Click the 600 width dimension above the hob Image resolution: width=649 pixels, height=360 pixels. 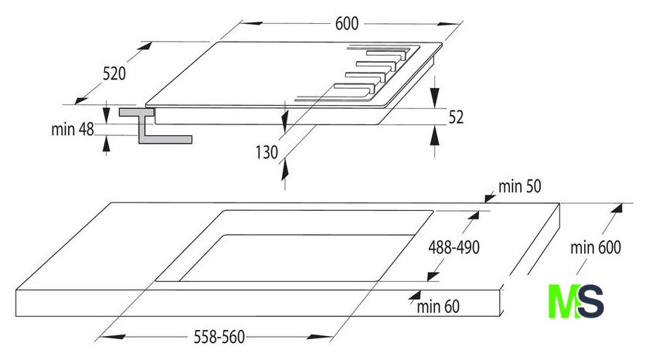click(x=346, y=24)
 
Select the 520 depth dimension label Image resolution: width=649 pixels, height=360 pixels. click(x=114, y=73)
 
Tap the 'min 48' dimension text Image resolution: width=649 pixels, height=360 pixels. click(x=73, y=130)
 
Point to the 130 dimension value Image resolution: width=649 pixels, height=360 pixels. click(x=267, y=152)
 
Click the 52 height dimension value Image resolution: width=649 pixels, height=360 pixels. click(x=456, y=117)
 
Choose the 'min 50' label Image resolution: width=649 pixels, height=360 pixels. click(x=519, y=187)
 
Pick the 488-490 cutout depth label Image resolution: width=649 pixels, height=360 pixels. click(x=454, y=247)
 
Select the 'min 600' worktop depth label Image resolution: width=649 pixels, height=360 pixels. click(x=596, y=247)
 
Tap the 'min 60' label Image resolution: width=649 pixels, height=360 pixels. click(x=438, y=307)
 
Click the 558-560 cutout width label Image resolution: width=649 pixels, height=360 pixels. click(x=219, y=337)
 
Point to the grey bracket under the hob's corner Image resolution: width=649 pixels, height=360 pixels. click(x=155, y=126)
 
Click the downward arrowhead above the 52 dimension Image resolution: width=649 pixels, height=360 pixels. click(x=434, y=97)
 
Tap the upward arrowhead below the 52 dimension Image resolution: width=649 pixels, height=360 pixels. click(x=434, y=135)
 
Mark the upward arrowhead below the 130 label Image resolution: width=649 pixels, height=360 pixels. click(x=285, y=170)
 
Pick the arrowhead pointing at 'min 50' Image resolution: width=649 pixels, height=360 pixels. click(x=490, y=199)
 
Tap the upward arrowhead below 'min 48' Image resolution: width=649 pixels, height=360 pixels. click(x=107, y=144)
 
